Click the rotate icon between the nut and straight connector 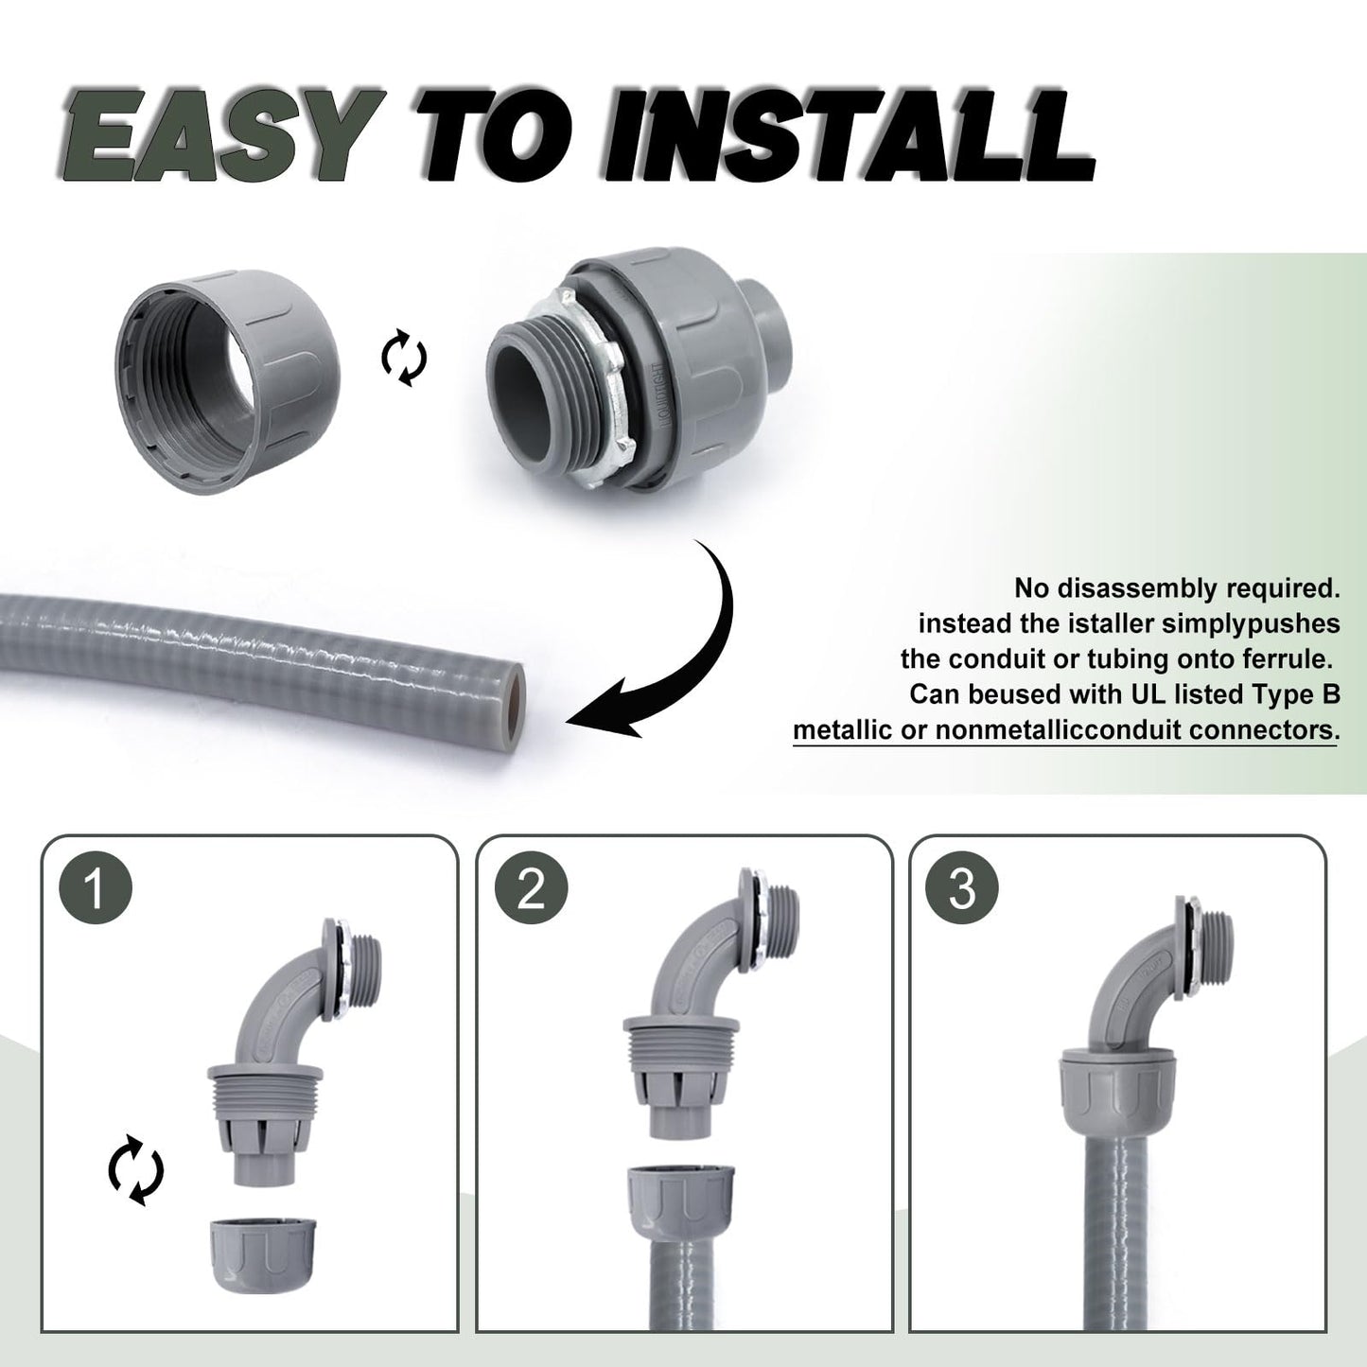coord(404,359)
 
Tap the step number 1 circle coord(95,889)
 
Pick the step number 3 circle coord(962,889)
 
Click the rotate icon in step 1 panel coord(135,1174)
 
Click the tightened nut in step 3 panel coord(1119,1088)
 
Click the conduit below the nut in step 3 coord(1119,1230)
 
